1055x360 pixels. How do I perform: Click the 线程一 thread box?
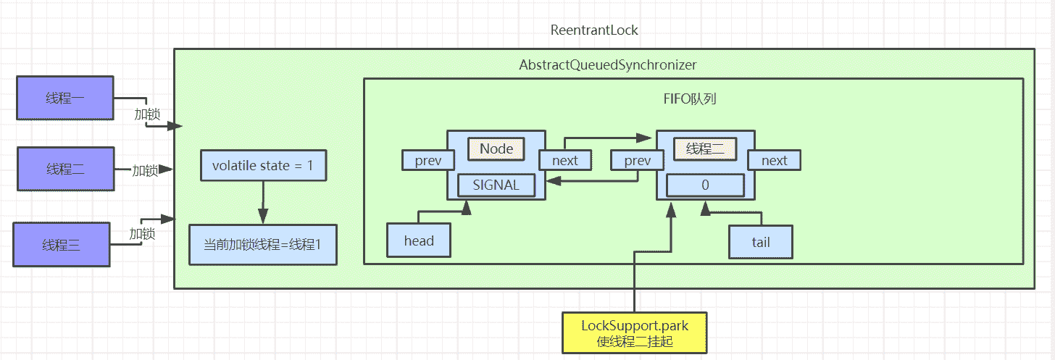(x=64, y=98)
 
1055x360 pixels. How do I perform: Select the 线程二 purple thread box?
(x=65, y=169)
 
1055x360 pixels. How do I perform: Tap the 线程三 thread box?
(x=62, y=244)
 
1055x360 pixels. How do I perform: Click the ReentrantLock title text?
(x=594, y=30)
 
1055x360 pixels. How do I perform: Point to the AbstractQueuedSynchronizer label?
(x=607, y=64)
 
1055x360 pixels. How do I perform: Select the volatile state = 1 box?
(x=263, y=166)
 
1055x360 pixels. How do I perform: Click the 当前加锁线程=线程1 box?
(x=263, y=245)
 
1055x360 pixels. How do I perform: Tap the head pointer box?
(x=419, y=241)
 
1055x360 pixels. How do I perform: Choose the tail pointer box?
(x=761, y=243)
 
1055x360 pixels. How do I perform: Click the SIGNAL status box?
(x=496, y=185)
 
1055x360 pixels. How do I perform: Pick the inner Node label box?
(x=496, y=149)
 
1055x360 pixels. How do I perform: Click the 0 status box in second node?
(x=705, y=185)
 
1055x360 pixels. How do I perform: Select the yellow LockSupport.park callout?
(x=635, y=333)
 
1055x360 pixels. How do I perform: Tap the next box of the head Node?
(x=565, y=160)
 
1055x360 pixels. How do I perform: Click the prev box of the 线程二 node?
(x=636, y=160)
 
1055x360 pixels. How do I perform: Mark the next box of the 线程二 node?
(x=774, y=160)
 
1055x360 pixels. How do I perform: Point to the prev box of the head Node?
(x=428, y=160)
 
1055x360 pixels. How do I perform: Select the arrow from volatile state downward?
(x=263, y=203)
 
